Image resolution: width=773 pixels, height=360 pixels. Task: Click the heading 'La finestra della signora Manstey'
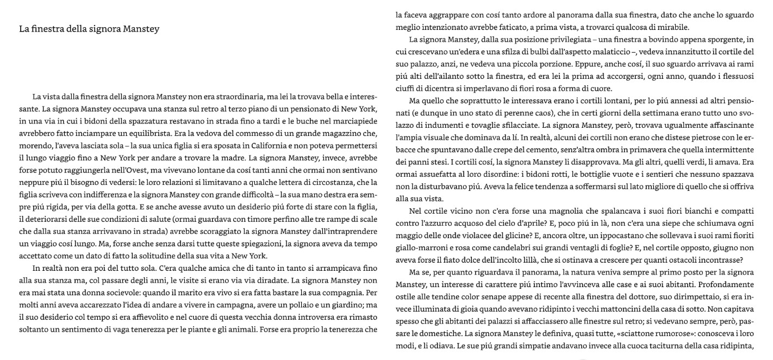[x=89, y=29]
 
